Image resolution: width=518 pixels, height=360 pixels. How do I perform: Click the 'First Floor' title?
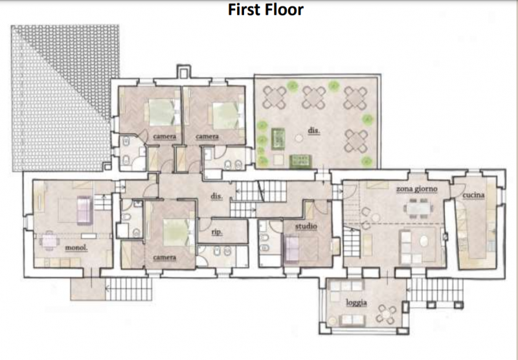pos(265,10)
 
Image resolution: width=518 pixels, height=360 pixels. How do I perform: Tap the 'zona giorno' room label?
pos(416,189)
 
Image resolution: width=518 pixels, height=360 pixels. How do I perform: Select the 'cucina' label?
pos(473,195)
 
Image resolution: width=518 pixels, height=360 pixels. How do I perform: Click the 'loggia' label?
pos(357,302)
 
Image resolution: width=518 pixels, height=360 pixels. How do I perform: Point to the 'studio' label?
pos(306,227)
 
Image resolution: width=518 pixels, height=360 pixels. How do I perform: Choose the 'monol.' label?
pos(76,248)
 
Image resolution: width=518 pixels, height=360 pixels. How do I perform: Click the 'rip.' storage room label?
pos(217,232)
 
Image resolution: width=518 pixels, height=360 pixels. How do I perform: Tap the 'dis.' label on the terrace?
pos(314,130)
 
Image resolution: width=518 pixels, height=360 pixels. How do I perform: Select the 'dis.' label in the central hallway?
pos(216,196)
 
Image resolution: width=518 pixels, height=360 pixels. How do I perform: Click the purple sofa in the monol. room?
pos(85,210)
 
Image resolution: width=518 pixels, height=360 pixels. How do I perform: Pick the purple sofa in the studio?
pos(292,248)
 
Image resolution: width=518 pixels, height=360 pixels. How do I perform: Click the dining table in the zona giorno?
pos(418,208)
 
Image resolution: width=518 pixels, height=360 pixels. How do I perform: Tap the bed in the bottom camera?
pos(177,232)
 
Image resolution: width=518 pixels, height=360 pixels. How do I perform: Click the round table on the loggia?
pos(386,314)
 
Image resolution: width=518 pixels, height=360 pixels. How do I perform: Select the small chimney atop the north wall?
pos(184,71)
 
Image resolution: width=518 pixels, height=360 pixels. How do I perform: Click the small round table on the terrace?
pos(299,138)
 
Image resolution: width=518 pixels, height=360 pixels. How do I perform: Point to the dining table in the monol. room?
pos(49,240)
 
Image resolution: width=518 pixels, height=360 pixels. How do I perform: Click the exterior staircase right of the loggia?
pos(435,289)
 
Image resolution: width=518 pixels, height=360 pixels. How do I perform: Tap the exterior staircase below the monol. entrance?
pos(128,289)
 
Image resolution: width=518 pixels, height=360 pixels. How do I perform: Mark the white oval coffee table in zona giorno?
pos(424,241)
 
